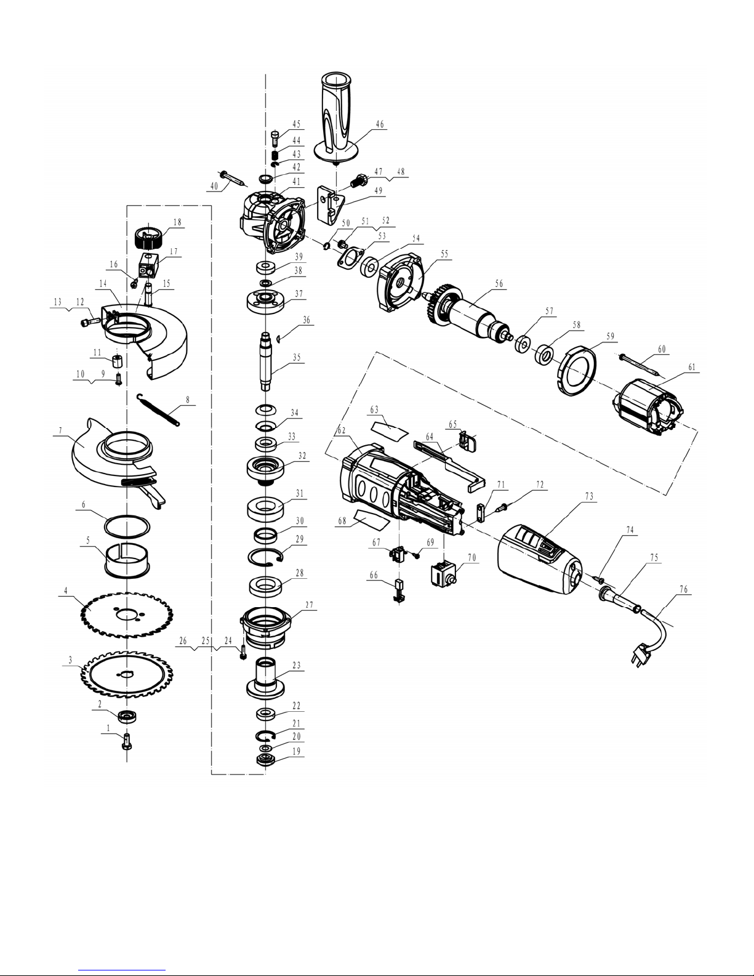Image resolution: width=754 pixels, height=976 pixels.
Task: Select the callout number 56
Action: pyautogui.click(x=499, y=283)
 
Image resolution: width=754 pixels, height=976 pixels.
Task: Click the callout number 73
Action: pyautogui.click(x=589, y=496)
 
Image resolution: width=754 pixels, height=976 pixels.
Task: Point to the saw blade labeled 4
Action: pyautogui.click(x=127, y=615)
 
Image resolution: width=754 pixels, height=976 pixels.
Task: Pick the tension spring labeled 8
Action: pyautogui.click(x=159, y=409)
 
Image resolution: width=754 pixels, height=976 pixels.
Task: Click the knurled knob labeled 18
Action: pyautogui.click(x=148, y=238)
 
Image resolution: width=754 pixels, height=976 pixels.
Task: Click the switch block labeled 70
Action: pyautogui.click(x=443, y=575)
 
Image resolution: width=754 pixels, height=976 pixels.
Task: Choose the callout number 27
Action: pyautogui.click(x=309, y=605)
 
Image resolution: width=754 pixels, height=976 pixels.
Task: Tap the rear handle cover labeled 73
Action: pyautogui.click(x=540, y=559)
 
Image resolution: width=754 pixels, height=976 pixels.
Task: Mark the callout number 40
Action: pyautogui.click(x=214, y=186)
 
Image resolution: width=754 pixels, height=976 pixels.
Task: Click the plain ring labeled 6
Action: pyautogui.click(x=127, y=526)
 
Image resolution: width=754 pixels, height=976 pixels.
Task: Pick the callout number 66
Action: pyautogui.click(x=374, y=575)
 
